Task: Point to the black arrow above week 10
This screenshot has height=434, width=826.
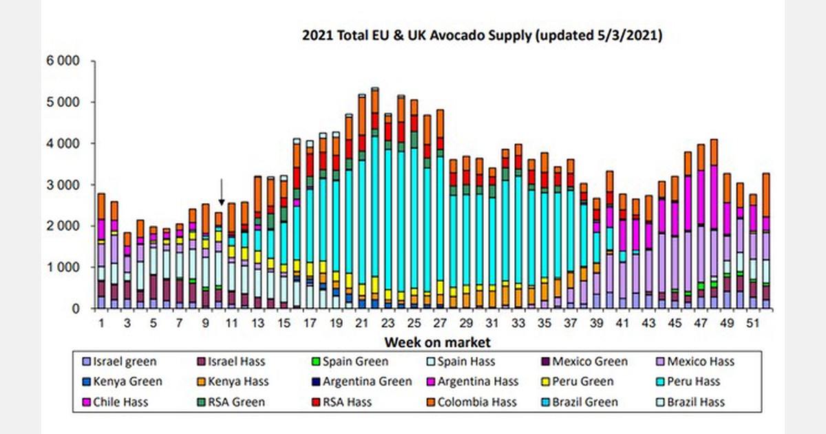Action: [x=222, y=192]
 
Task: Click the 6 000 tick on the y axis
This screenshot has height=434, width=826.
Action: [x=63, y=61]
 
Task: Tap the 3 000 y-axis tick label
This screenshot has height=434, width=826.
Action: [x=63, y=185]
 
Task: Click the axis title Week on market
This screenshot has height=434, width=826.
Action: [x=437, y=342]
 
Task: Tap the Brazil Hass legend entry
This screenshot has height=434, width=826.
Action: [x=689, y=401]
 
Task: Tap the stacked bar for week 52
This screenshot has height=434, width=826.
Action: [x=766, y=241]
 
